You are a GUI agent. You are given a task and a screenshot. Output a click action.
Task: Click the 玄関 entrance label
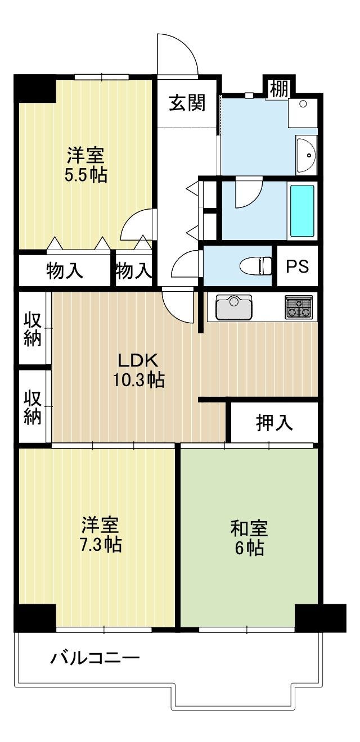point(187,103)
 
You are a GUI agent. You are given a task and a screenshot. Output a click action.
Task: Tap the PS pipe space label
point(298,266)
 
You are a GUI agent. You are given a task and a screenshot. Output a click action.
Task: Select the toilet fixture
point(255,265)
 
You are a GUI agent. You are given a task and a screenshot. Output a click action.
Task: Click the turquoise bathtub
point(302,211)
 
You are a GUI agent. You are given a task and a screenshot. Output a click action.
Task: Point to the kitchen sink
point(234,307)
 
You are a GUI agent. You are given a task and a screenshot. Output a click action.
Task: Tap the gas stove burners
point(299,307)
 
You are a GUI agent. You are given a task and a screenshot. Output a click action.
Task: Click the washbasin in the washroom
point(307,155)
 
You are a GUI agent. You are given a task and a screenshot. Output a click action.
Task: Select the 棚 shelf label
point(279,89)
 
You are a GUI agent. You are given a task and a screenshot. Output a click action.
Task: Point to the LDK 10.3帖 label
point(138,370)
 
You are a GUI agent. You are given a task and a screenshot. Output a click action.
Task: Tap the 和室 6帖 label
point(250,537)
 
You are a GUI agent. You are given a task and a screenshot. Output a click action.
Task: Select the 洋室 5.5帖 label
point(86,165)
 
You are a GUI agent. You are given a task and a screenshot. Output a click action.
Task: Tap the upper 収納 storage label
point(33,329)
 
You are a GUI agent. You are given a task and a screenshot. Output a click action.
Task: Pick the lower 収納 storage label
point(33,407)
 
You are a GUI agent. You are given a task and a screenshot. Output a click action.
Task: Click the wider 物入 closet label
point(65,270)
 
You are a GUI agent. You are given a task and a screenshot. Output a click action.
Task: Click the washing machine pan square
point(303,112)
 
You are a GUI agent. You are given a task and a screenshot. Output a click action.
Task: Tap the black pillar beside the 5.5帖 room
point(34,88)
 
